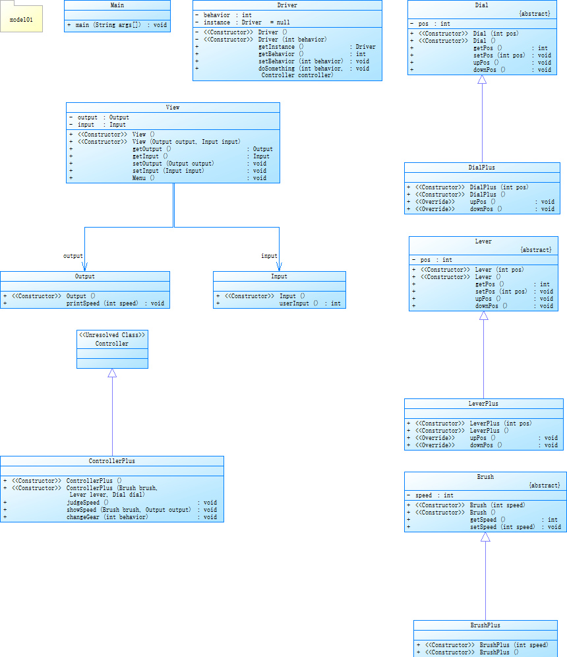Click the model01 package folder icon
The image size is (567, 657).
tap(21, 19)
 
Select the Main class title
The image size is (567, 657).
tap(117, 5)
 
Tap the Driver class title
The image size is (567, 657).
tap(287, 5)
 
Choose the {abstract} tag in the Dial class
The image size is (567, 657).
tap(534, 13)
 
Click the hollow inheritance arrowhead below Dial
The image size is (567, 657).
tap(482, 80)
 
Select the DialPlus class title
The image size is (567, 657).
tap(482, 168)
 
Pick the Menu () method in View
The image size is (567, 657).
tap(143, 178)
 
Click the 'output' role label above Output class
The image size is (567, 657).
tap(73, 256)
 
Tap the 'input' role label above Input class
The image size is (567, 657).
tap(269, 256)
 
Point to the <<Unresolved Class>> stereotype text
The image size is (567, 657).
tap(112, 335)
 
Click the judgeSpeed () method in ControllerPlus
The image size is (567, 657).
tap(88, 503)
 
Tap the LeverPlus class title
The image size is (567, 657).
tap(483, 404)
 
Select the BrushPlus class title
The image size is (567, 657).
tap(485, 625)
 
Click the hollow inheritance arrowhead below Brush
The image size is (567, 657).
tap(485, 537)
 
